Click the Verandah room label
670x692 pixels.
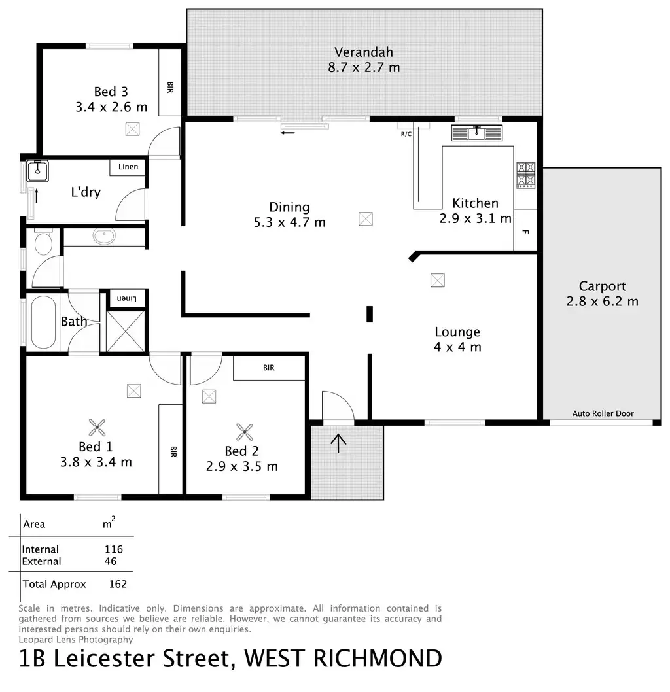click(364, 52)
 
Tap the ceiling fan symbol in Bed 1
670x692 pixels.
click(97, 428)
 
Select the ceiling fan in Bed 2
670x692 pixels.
click(245, 431)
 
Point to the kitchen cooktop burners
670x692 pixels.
click(526, 175)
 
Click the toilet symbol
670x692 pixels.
click(43, 243)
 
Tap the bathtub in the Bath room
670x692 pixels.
click(43, 322)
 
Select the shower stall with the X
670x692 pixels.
click(126, 332)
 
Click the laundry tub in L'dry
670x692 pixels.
click(35, 171)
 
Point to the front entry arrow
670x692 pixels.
click(338, 443)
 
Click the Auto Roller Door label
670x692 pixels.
click(603, 413)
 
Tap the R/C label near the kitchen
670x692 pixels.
click(406, 134)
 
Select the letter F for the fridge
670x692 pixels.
click(525, 232)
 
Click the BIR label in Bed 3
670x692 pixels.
click(170, 86)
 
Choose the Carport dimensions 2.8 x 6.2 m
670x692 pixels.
click(602, 302)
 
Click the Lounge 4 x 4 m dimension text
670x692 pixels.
click(457, 347)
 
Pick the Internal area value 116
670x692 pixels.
click(113, 549)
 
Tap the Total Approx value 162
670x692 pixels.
click(118, 584)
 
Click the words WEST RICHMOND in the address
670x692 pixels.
click(343, 659)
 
